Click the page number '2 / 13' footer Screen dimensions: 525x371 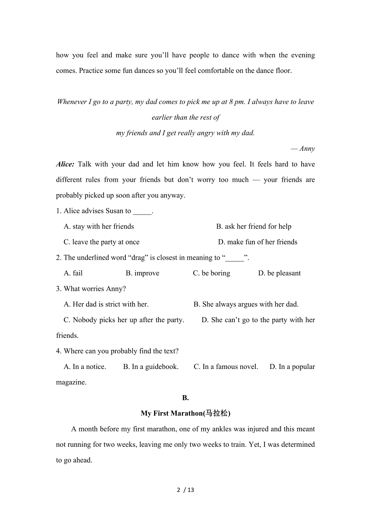click(x=185, y=490)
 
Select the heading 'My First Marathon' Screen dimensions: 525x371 click(x=185, y=413)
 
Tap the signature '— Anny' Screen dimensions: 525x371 click(x=303, y=148)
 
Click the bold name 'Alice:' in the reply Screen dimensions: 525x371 click(x=65, y=164)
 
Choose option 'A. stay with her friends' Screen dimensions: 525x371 click(x=99, y=227)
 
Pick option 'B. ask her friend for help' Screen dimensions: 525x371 click(x=254, y=227)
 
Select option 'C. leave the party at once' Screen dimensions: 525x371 click(x=102, y=242)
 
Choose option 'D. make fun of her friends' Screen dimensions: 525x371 click(x=258, y=242)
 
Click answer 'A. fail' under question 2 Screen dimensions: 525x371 click(x=73, y=273)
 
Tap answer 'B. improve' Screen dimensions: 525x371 click(x=142, y=273)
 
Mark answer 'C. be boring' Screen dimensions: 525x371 click(x=211, y=273)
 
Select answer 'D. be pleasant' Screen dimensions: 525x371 click(x=279, y=273)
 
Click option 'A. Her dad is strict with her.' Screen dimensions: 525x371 click(x=106, y=304)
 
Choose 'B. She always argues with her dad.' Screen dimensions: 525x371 click(x=246, y=304)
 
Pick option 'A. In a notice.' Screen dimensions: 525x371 click(x=85, y=367)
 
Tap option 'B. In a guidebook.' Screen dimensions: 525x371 click(x=151, y=367)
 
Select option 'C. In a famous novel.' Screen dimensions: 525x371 click(x=226, y=367)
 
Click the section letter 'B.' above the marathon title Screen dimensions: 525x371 click(x=185, y=398)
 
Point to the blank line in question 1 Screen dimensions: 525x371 click(x=142, y=211)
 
